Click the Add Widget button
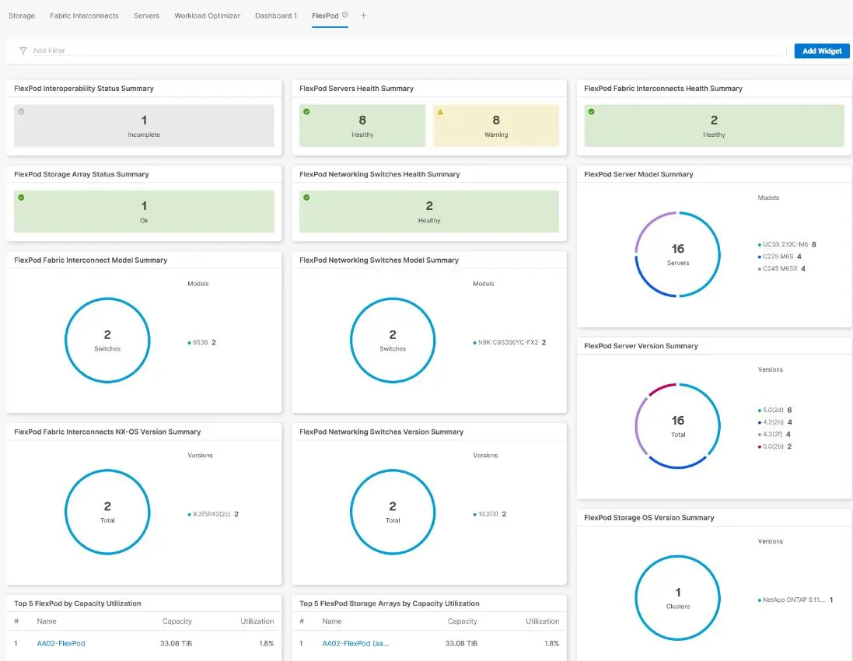click(821, 51)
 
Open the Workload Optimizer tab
click(207, 16)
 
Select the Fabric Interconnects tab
click(84, 16)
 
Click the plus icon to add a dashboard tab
click(363, 16)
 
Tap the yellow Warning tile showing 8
click(495, 125)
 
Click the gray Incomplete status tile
click(144, 125)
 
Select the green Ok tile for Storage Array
click(144, 211)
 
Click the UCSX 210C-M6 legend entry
click(787, 244)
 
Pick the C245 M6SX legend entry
click(781, 268)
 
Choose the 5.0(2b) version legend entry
click(774, 446)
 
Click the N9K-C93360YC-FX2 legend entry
click(509, 342)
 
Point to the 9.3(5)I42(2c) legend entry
click(213, 513)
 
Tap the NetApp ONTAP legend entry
click(795, 600)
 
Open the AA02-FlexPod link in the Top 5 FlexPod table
click(61, 643)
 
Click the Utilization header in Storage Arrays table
click(542, 621)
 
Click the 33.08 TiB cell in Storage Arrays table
click(461, 643)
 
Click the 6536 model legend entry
click(201, 342)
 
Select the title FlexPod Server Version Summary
click(641, 345)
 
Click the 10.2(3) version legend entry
click(489, 513)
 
